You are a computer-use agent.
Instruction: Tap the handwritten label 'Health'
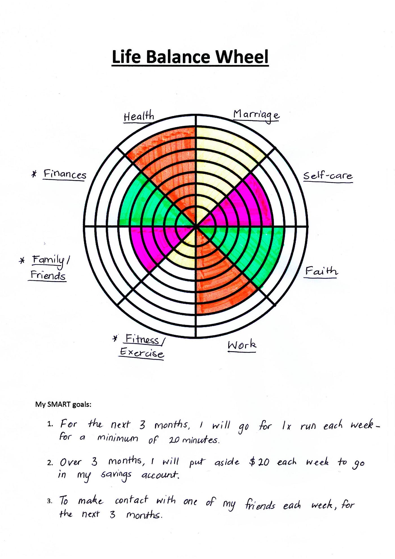139,116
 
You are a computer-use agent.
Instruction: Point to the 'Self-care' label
328,176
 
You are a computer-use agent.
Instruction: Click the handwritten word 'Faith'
321,271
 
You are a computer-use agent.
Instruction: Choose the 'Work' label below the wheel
242,345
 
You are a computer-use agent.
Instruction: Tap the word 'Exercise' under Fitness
142,353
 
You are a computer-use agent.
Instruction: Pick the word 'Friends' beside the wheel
48,275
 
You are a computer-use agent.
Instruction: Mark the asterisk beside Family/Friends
22,260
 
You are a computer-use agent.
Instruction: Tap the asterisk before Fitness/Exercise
115,338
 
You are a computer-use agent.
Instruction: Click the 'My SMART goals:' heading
63,404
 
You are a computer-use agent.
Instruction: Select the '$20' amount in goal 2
259,462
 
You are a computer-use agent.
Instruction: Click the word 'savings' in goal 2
116,474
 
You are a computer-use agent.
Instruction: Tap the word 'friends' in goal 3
260,505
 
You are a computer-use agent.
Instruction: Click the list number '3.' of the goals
50,501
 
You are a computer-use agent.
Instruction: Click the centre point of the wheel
196,226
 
